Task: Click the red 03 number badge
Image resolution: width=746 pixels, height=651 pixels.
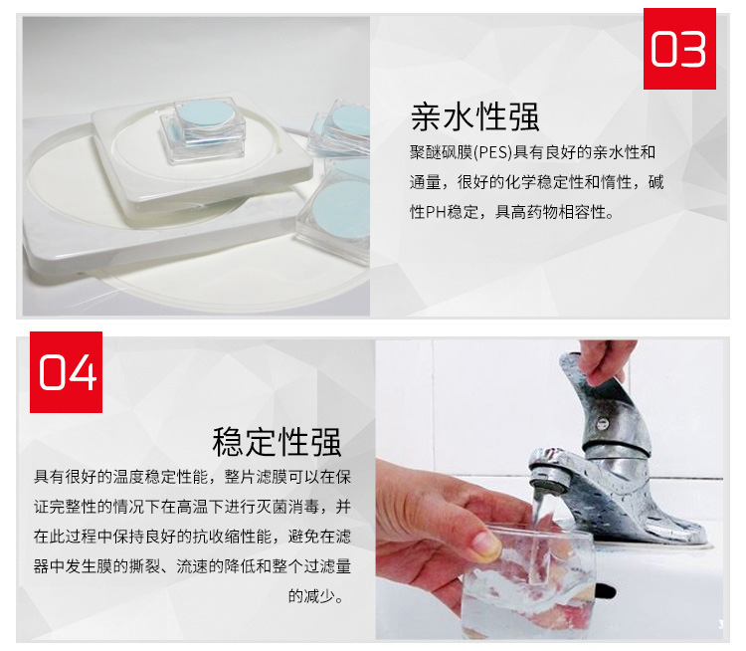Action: point(679,49)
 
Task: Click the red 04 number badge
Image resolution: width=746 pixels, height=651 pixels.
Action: point(66,372)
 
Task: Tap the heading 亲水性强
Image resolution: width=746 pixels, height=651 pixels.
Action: point(474,116)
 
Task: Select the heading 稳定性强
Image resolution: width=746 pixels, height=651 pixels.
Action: point(277,442)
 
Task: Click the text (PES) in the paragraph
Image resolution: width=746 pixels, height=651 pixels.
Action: point(493,152)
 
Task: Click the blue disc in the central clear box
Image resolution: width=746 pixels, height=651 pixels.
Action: point(203,113)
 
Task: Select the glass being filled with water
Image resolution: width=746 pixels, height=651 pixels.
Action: point(528,581)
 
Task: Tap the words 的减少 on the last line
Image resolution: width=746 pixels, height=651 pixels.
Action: point(311,596)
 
